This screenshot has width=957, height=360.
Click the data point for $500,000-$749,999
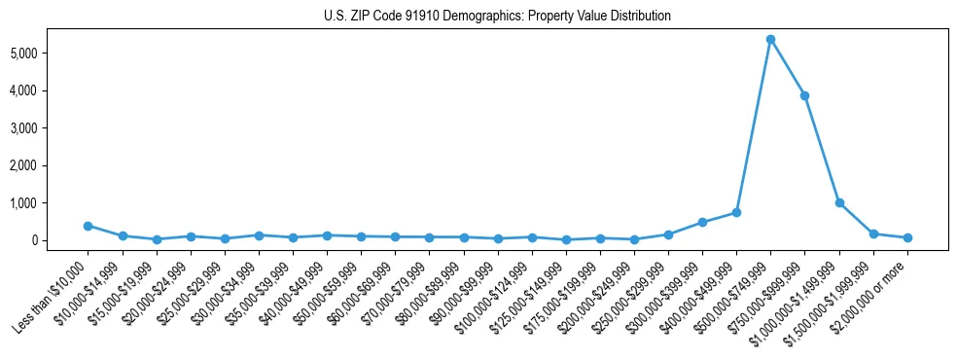770,40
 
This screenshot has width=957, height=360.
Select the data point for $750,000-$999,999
804,95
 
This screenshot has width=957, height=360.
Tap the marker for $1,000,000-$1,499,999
839,202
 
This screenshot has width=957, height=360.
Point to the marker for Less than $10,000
88,226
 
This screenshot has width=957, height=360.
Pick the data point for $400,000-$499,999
736,212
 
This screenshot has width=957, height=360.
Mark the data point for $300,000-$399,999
702,222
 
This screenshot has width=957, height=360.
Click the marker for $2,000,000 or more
907,237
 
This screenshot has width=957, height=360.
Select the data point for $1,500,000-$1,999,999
873,234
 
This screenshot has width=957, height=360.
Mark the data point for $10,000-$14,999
123,235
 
